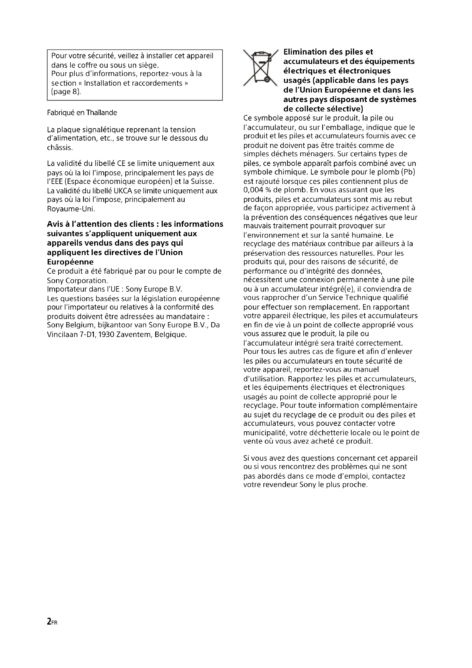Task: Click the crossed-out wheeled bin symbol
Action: coord(261,68)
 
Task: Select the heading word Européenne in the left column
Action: coord(70,262)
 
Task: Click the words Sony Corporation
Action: coord(77,281)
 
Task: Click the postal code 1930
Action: coord(106,335)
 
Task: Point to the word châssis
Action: coord(60,148)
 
